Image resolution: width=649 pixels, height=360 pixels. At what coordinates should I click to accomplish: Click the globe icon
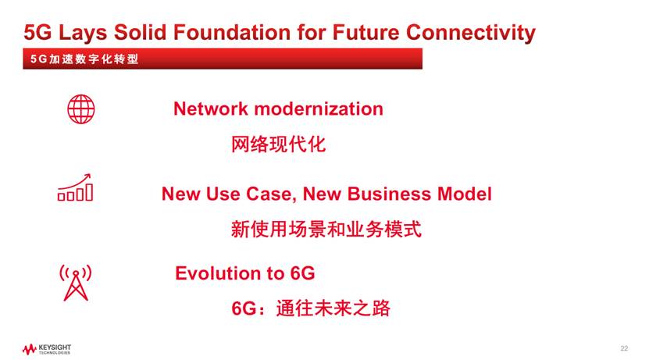[81, 109]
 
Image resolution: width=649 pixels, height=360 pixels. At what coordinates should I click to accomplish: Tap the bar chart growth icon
[75, 187]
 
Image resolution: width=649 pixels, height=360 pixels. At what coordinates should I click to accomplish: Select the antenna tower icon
[76, 283]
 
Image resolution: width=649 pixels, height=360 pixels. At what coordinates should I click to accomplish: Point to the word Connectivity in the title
[471, 33]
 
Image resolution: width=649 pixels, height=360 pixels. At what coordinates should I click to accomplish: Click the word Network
[210, 109]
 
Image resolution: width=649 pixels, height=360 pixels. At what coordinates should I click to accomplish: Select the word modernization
[319, 109]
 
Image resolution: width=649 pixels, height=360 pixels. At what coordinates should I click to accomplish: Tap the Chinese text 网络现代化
[278, 144]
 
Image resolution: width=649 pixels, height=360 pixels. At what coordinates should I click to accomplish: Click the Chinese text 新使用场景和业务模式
[326, 230]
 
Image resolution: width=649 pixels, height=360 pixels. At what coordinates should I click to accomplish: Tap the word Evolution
[218, 273]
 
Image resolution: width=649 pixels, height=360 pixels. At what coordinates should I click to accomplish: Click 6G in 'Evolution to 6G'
[302, 273]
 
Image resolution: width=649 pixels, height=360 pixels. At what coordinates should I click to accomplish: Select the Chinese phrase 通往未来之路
[333, 308]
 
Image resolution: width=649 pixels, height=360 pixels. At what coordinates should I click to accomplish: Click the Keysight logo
[47, 349]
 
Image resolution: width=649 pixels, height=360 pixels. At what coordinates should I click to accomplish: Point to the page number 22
[624, 348]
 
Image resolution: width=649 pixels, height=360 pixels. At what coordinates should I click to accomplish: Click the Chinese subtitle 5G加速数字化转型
[84, 59]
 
